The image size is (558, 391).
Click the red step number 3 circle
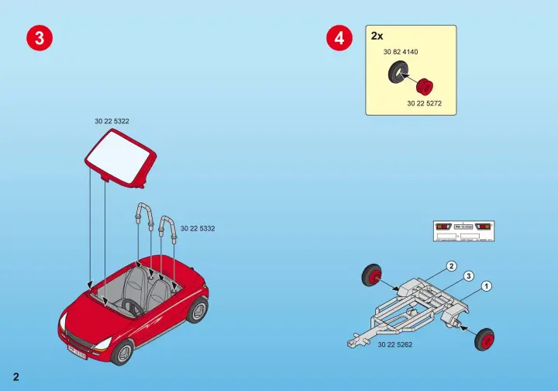pos(40,39)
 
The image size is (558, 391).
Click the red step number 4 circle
pos(338,39)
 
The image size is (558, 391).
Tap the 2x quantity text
pos(377,36)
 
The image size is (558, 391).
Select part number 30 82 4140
pos(401,52)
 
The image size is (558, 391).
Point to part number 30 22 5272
pos(424,103)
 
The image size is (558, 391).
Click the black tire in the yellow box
pos(398,74)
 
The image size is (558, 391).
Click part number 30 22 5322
pos(112,122)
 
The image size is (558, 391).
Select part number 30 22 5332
pos(198,228)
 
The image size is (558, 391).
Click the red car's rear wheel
pos(199,310)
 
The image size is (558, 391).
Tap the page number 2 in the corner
pos(15,377)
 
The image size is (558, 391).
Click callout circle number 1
pos(487,286)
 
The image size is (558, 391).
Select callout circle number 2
pos(451,266)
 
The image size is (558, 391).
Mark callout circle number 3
pos(469,276)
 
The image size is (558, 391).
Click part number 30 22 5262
pos(394,344)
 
